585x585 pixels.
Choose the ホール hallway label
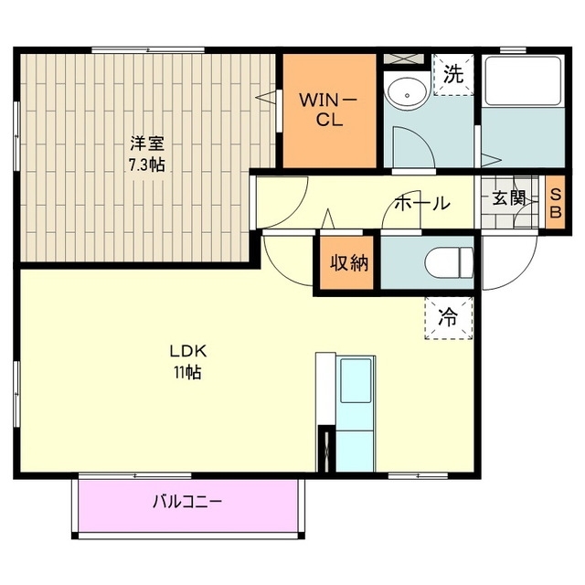pyautogui.click(x=421, y=203)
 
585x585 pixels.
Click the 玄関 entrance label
pyautogui.click(x=510, y=198)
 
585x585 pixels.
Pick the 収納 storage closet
pyautogui.click(x=348, y=263)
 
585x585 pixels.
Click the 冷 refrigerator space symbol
pyautogui.click(x=449, y=318)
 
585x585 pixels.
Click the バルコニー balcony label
pyautogui.click(x=187, y=501)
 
